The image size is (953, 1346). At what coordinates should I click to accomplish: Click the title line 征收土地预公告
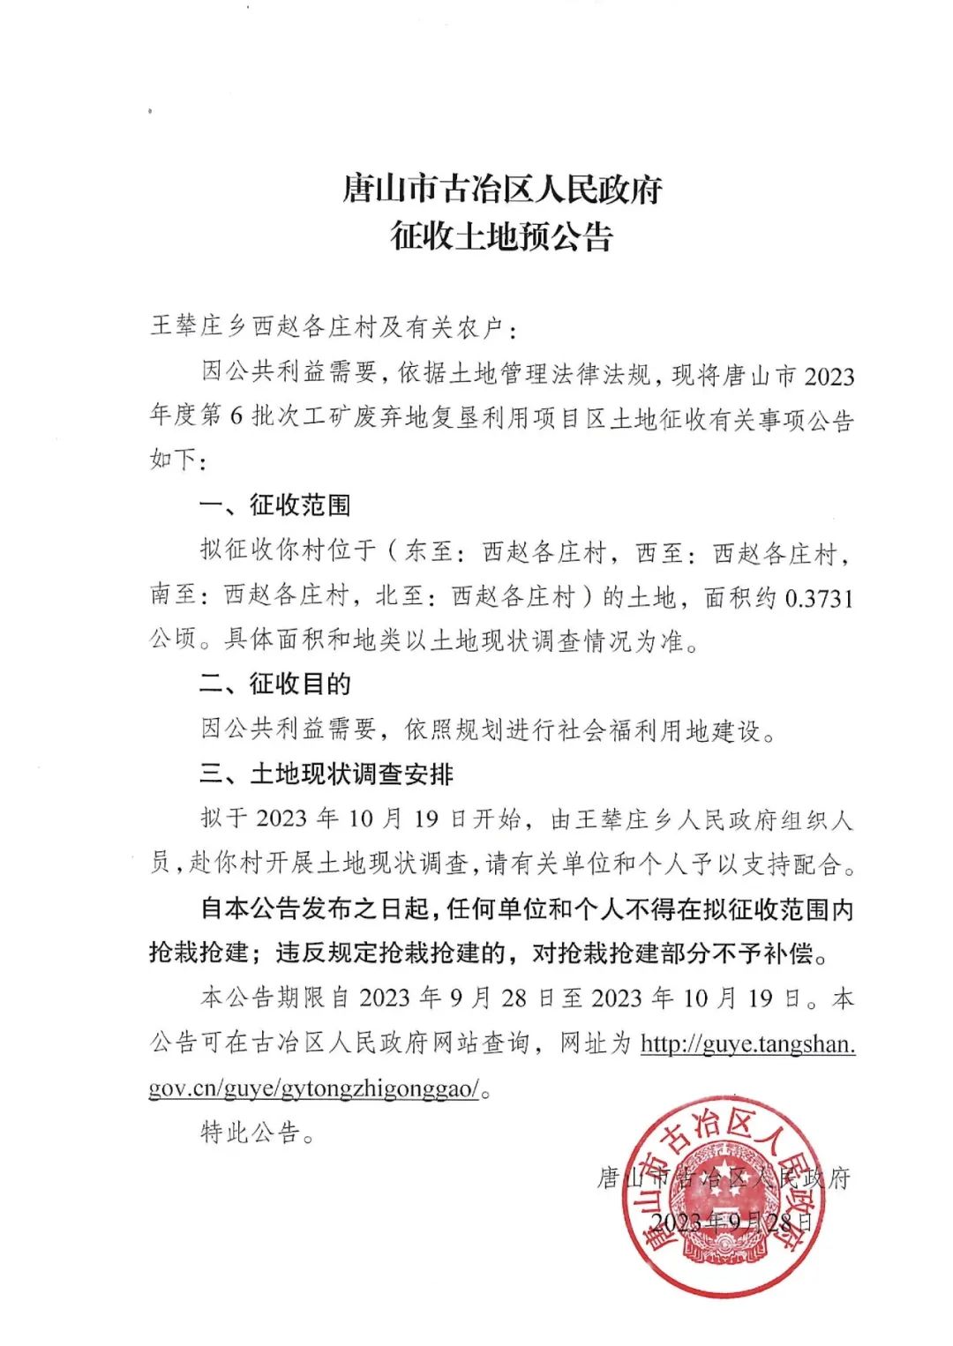501,236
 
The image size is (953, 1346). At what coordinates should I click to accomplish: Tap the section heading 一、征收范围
274,505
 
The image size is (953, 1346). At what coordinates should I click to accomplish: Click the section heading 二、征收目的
274,684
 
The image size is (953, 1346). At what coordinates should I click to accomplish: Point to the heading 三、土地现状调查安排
326,774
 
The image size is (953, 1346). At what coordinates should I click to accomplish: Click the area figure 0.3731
819,599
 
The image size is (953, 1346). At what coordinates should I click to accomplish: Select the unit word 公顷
173,639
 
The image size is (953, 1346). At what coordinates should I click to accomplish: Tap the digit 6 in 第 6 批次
236,416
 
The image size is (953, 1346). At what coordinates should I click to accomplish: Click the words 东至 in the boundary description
429,552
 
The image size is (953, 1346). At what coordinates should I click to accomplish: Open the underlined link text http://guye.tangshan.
747,1044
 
